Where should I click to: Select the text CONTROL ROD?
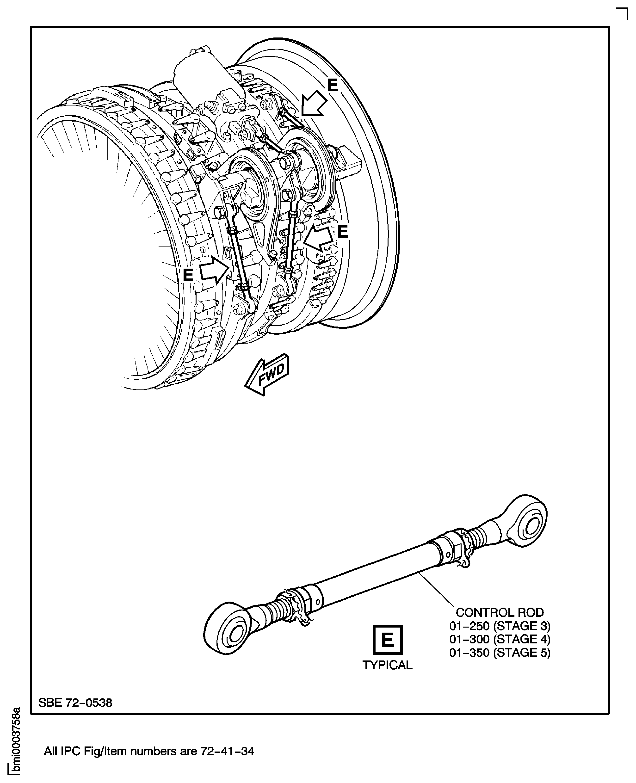point(499,612)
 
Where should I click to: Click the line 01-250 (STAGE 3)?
point(499,625)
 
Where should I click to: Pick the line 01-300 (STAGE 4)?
point(499,639)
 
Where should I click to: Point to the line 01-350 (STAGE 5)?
point(499,653)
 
